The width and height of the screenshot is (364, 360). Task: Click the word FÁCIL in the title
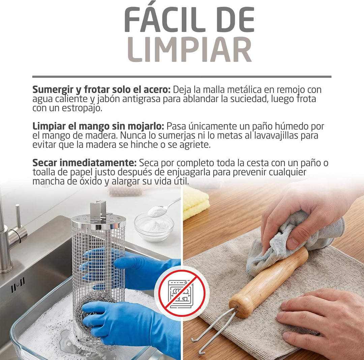click(x=162, y=20)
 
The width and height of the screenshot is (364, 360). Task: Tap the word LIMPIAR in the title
click(x=189, y=49)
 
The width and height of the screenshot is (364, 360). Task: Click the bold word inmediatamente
click(x=98, y=163)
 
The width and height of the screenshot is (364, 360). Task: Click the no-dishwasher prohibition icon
click(x=182, y=293)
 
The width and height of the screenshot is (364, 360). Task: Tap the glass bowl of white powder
click(x=154, y=228)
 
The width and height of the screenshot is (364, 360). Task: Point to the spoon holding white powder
click(x=164, y=208)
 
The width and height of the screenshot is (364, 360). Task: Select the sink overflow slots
click(x=18, y=285)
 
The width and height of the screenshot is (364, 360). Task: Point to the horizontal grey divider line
click(x=182, y=77)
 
